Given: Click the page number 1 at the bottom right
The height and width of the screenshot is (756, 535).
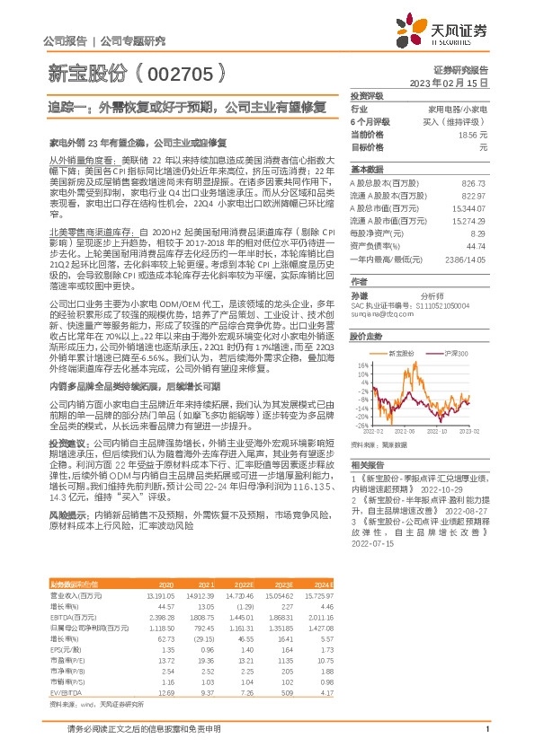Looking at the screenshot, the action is pyautogui.click(x=486, y=740).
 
